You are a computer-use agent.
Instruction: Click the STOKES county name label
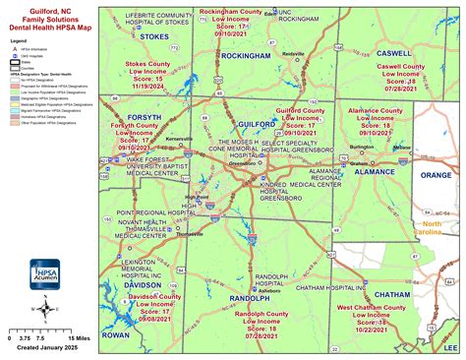pos(155,36)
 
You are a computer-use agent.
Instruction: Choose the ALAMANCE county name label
pos(374,171)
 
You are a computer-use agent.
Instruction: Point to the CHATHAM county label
pos(392,294)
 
